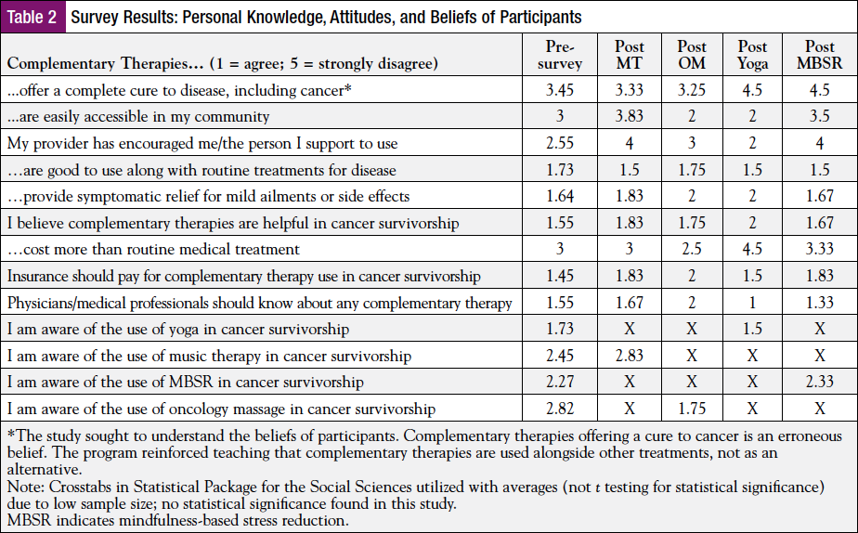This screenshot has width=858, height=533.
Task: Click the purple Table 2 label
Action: click(x=34, y=18)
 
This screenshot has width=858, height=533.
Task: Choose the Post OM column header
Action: click(x=692, y=55)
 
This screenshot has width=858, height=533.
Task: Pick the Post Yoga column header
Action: click(x=752, y=55)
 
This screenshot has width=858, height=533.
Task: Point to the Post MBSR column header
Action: click(x=819, y=55)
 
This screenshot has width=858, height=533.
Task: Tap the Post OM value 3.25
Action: click(x=692, y=91)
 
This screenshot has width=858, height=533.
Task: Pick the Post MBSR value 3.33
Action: click(x=819, y=250)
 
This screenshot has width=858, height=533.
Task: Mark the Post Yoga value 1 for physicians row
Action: click(x=752, y=303)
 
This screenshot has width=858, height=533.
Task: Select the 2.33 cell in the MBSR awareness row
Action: click(x=819, y=383)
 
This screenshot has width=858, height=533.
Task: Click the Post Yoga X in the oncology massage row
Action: click(x=752, y=409)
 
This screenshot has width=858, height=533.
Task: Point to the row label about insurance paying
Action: click(x=244, y=277)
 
